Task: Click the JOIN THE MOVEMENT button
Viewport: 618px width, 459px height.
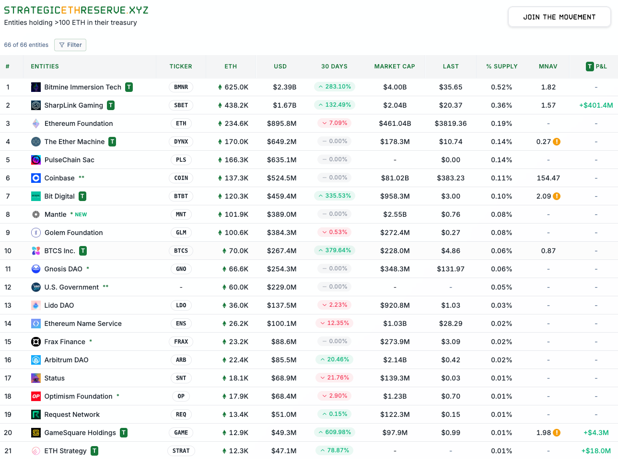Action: click(559, 17)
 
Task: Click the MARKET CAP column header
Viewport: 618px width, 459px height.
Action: click(394, 67)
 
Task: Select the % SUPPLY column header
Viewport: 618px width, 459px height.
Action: click(501, 67)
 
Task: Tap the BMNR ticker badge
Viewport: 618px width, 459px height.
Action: click(181, 87)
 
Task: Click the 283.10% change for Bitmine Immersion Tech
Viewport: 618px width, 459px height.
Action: click(335, 87)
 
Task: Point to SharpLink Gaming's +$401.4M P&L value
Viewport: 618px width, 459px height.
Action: click(596, 105)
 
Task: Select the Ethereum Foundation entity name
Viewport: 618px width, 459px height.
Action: click(79, 123)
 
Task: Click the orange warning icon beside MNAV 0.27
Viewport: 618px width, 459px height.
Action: click(557, 142)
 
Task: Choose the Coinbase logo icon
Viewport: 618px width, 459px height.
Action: click(36, 178)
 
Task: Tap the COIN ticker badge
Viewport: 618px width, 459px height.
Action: click(181, 178)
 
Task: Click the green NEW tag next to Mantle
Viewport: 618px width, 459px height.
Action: click(81, 214)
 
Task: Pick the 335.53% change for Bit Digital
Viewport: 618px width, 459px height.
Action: click(335, 196)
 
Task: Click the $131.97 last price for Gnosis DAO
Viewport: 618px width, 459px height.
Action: click(450, 269)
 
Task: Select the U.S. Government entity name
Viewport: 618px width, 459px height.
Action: click(71, 287)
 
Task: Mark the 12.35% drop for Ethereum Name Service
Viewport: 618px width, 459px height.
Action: click(335, 323)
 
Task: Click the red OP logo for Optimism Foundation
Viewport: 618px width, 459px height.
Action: click(36, 396)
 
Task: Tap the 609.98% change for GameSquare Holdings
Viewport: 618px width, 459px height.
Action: click(335, 432)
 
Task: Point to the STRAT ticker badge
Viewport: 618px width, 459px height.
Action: click(181, 451)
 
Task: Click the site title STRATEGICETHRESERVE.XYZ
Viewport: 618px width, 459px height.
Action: click(76, 10)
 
